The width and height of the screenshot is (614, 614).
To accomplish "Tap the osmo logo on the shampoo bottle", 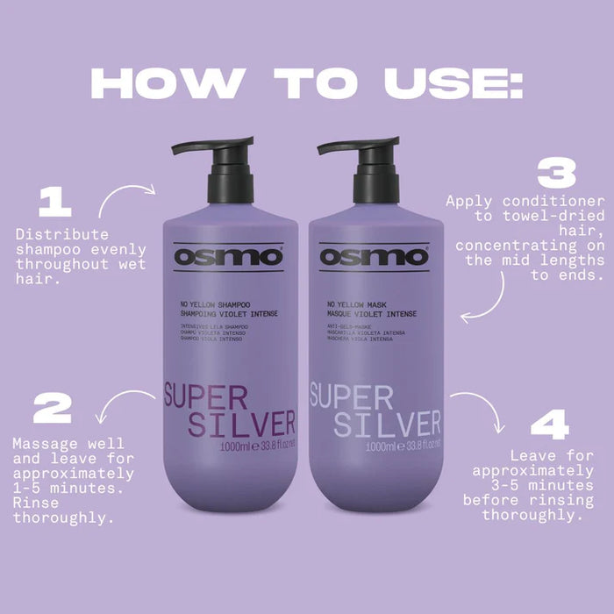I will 228,257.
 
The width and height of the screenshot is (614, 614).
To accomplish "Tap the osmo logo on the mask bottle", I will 374,257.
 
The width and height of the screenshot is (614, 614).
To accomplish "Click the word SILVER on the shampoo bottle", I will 231,424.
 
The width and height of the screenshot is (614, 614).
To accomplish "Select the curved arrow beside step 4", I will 482,412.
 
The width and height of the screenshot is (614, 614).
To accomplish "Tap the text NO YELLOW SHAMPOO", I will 215,306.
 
